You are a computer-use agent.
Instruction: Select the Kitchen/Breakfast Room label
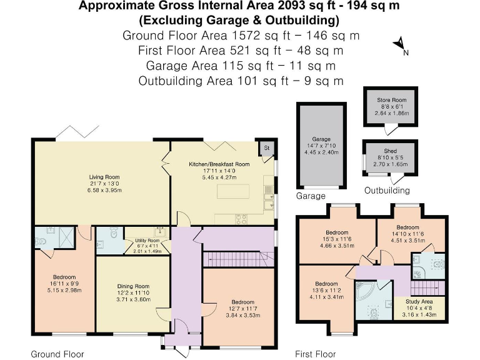point(219,164)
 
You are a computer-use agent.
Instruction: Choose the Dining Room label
point(132,286)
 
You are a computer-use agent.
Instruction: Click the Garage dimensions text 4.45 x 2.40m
point(321,152)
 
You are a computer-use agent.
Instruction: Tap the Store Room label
point(391,100)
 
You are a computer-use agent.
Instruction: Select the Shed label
point(390,151)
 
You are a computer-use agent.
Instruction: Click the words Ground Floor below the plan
point(57,354)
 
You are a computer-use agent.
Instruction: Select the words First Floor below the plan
point(315,354)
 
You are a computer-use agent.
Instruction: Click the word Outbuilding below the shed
point(387,191)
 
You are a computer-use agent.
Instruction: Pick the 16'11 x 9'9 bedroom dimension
point(64,283)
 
